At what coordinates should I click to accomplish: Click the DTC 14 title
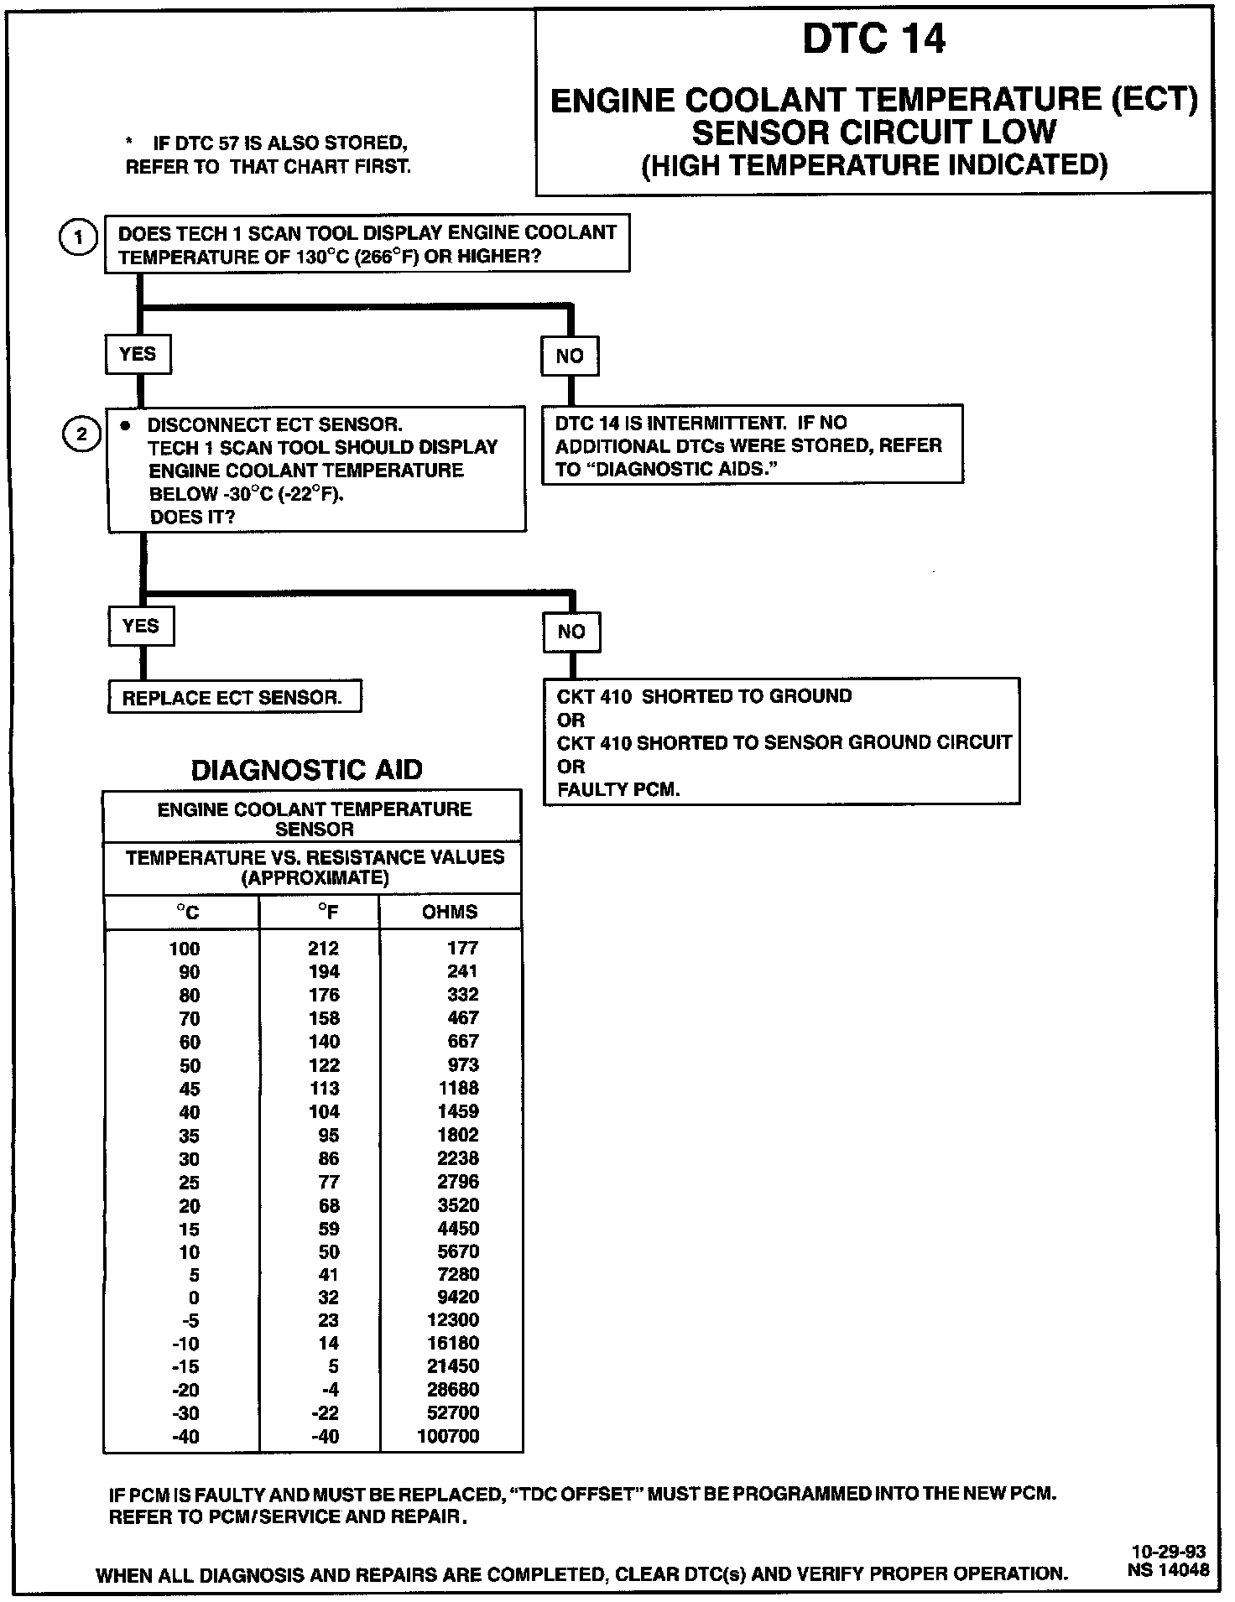pos(873,39)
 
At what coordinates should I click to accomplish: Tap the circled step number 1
pos(78,237)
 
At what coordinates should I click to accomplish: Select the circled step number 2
pos(81,434)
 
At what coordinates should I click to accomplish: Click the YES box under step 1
pos(138,354)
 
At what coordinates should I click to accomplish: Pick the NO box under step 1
pos(570,356)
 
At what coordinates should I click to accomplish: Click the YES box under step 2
pos(141,627)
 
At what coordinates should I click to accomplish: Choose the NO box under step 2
pos(571,632)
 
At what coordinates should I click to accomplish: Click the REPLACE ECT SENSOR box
pos(233,698)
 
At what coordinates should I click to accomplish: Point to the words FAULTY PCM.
pos(617,789)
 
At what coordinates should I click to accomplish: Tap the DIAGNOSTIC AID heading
pos(307,770)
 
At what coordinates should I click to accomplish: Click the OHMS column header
pos(450,912)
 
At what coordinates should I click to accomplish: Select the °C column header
pos(187,912)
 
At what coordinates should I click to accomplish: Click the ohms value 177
pos(462,949)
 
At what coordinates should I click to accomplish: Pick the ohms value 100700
pos(448,1436)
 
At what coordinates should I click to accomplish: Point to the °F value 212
pos(323,949)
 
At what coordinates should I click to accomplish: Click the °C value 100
pos(185,949)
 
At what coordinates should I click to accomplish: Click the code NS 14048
pos(1169,1570)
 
